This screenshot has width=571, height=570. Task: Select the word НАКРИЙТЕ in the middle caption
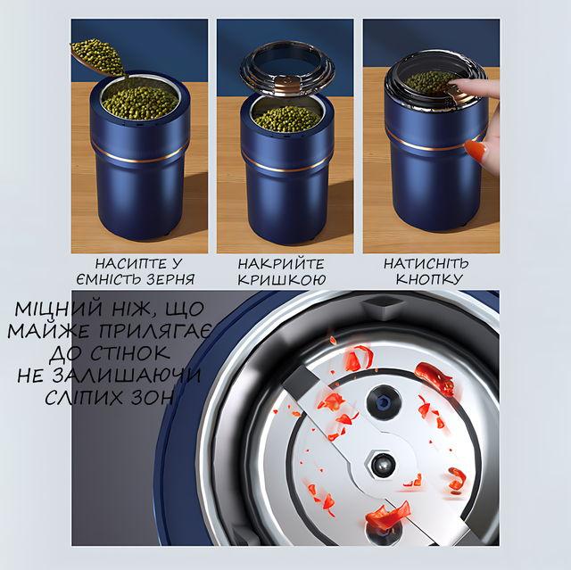(x=281, y=263)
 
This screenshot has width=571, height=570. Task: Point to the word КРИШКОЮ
(x=282, y=279)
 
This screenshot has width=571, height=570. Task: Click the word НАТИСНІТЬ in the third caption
(x=426, y=263)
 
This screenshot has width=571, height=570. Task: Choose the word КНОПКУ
(x=429, y=279)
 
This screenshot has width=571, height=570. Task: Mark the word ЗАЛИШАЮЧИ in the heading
(x=127, y=375)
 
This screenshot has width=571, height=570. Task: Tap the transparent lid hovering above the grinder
(x=287, y=70)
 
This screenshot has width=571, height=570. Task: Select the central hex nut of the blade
(x=382, y=465)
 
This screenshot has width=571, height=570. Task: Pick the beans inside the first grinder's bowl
(x=140, y=103)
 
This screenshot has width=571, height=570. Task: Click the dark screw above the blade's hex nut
(x=383, y=401)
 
